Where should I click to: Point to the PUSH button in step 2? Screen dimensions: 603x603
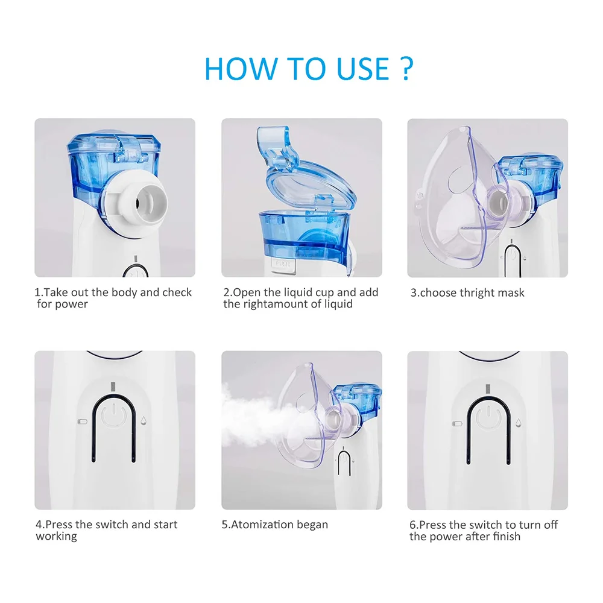[282, 264]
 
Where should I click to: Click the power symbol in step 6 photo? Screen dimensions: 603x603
[486, 416]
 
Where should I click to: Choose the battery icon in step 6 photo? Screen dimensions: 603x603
[456, 423]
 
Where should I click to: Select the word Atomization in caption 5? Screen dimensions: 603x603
[264, 525]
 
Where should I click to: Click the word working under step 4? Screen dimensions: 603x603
[57, 536]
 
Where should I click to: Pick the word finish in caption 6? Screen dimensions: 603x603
[502, 536]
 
